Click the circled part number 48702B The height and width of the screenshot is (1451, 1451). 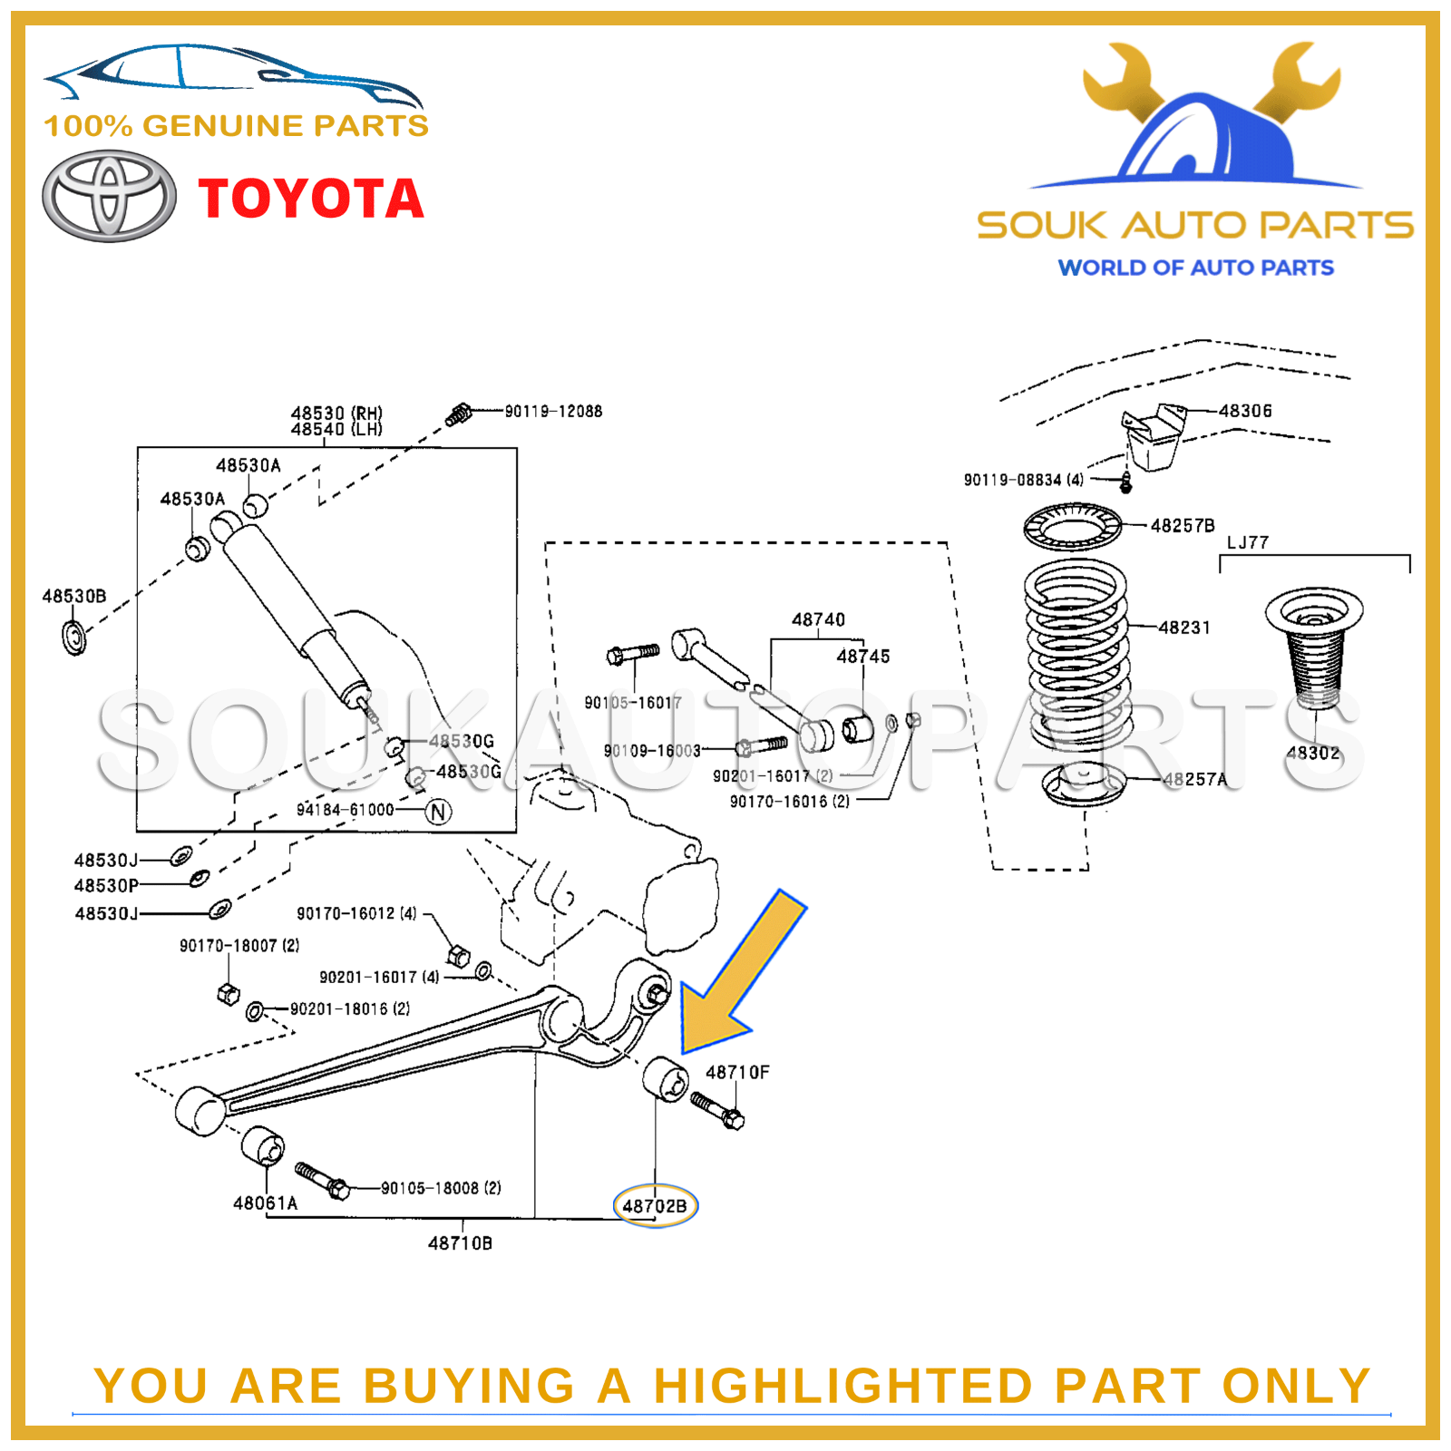(655, 1206)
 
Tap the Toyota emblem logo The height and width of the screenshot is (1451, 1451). (110, 196)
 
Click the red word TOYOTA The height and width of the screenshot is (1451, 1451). (311, 199)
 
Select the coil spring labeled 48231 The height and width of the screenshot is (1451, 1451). (1076, 653)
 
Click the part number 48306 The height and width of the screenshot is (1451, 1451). (1245, 411)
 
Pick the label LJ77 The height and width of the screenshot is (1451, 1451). (1248, 542)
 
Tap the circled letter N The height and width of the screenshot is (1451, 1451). (439, 812)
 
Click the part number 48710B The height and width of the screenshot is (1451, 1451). (460, 1243)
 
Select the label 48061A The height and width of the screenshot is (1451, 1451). (265, 1203)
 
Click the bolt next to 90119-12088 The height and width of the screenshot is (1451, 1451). (460, 415)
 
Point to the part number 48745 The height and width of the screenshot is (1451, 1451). (862, 657)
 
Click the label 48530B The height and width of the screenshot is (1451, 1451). (74, 596)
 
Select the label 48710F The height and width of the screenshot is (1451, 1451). (737, 1072)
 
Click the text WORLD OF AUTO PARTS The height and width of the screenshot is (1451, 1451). (1195, 268)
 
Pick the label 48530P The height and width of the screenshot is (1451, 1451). (106, 886)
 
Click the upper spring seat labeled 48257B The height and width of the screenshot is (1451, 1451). (1072, 526)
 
